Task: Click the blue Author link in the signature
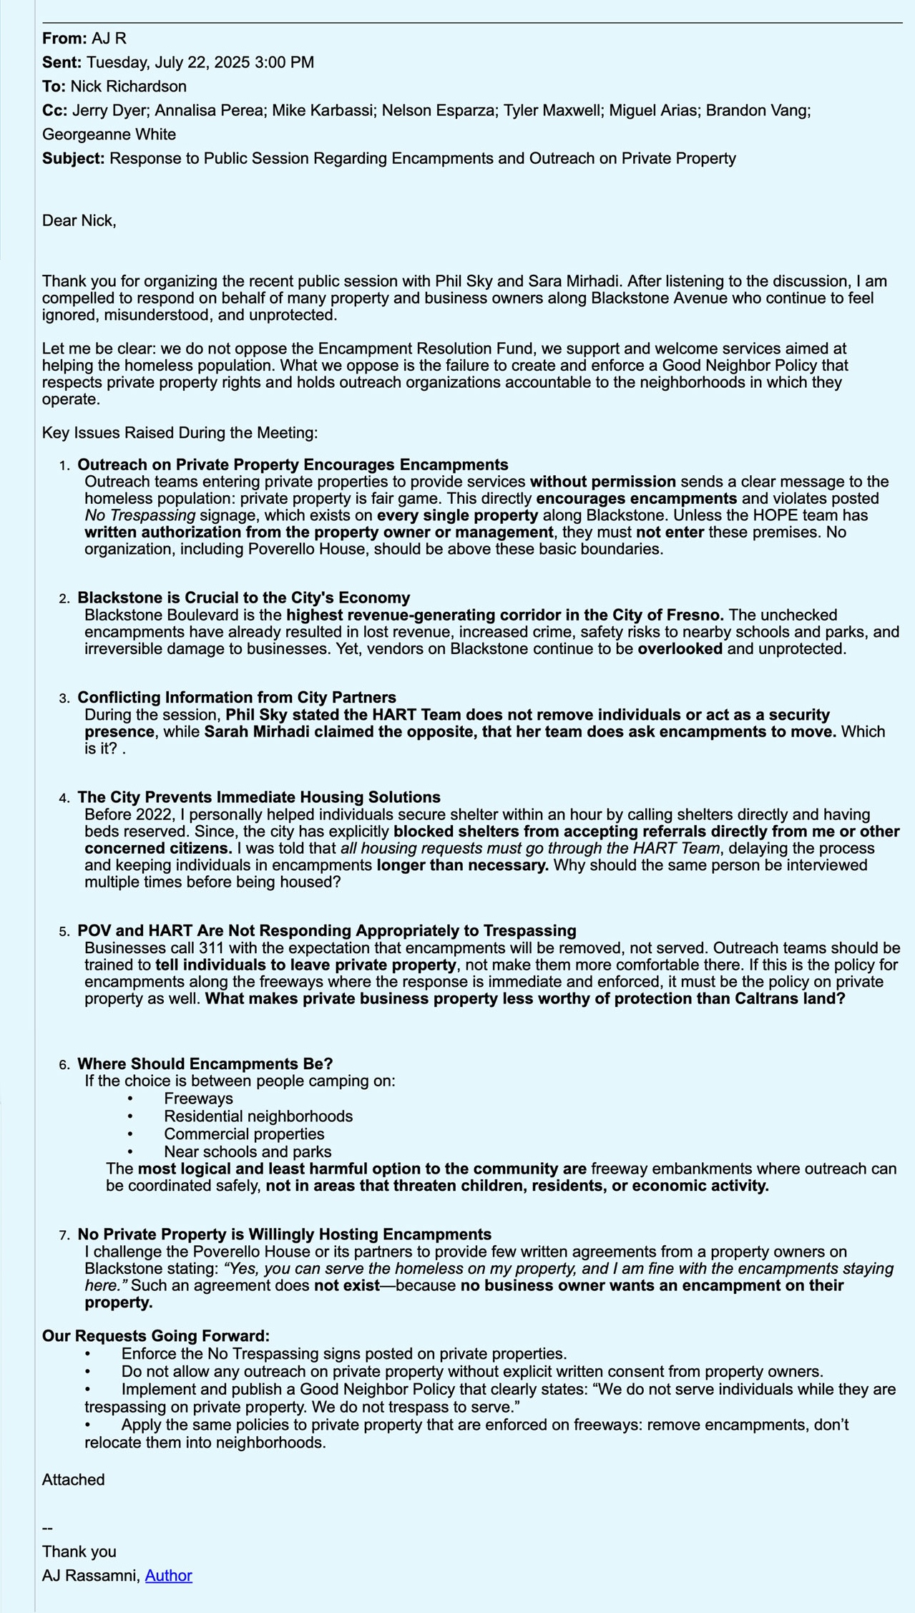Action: (x=168, y=1575)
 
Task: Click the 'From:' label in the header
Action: (x=64, y=39)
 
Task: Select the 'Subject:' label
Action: (x=74, y=158)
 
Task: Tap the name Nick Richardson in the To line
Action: (x=128, y=87)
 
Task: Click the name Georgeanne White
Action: (x=109, y=135)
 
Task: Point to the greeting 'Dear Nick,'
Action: (x=79, y=220)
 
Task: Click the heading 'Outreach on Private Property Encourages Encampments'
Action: (x=293, y=465)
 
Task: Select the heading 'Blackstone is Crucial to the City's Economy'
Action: (x=243, y=598)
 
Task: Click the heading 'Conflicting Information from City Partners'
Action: (x=236, y=697)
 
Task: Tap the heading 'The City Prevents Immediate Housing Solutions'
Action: (x=258, y=797)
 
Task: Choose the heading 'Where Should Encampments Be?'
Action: (x=205, y=1063)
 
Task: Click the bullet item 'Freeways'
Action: (x=198, y=1098)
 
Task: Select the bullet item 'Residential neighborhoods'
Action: (x=258, y=1116)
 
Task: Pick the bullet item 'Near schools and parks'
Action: (x=247, y=1151)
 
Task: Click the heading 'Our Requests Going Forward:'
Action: (x=155, y=1336)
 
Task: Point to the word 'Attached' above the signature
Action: (x=73, y=1480)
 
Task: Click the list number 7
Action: (x=64, y=1235)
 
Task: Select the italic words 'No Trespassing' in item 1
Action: (x=140, y=515)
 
